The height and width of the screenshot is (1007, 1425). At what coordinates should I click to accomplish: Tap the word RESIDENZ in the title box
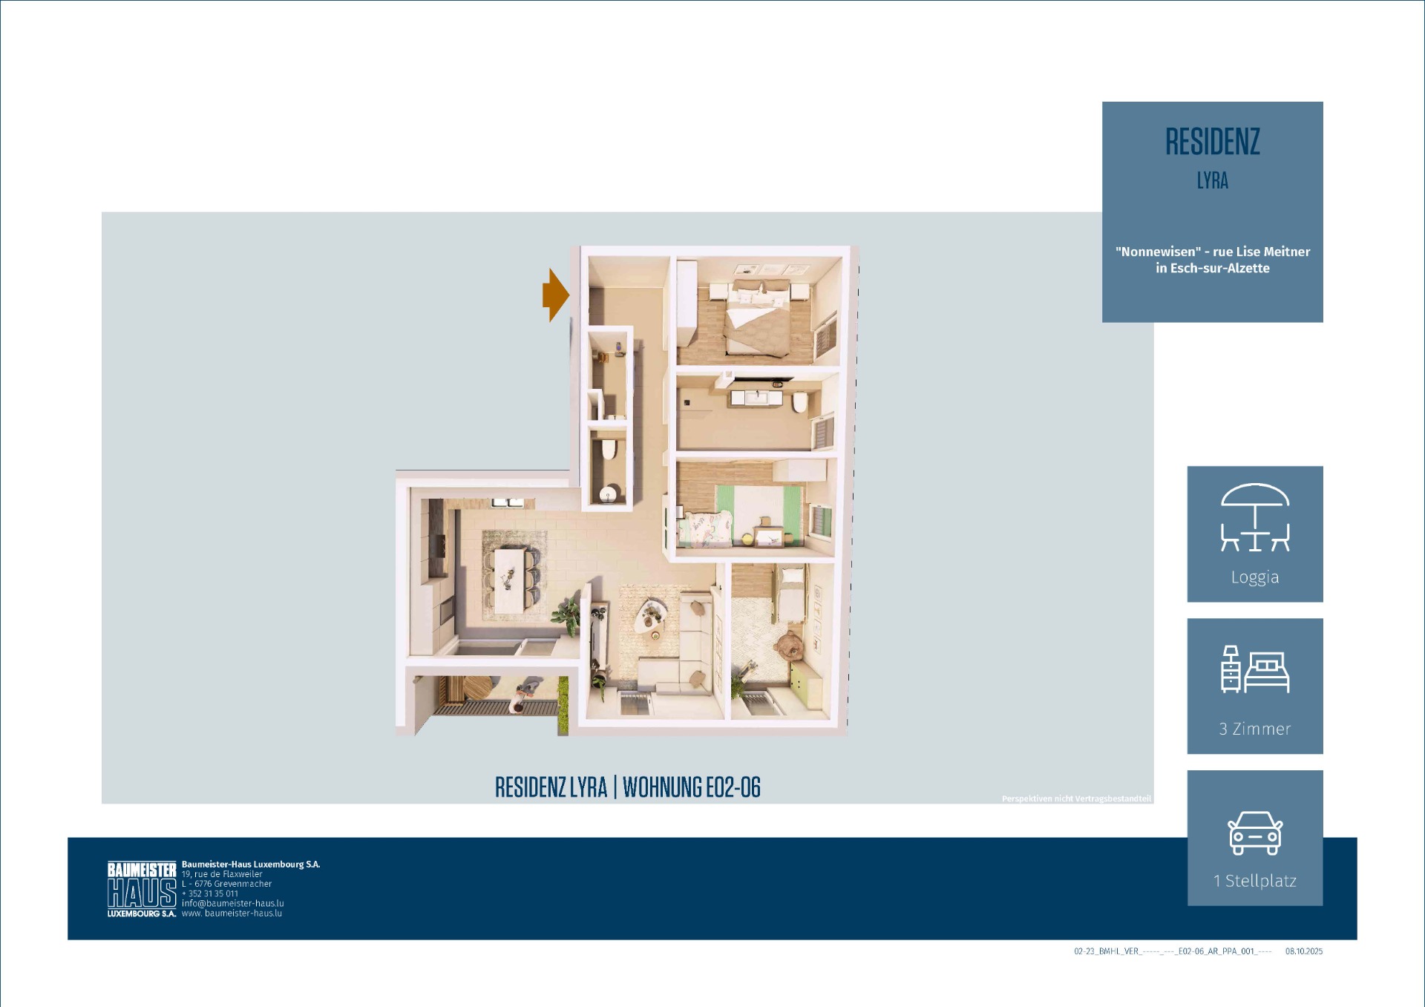(1212, 142)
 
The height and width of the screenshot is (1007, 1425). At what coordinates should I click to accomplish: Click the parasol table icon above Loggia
(1255, 517)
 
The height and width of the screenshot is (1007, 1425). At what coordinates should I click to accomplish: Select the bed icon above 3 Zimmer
(1255, 669)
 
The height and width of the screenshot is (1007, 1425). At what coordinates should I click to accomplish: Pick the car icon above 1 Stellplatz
(1255, 833)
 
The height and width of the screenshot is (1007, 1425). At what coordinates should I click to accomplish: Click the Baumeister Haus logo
(142, 889)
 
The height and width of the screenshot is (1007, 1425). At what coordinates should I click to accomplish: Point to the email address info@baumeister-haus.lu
(233, 903)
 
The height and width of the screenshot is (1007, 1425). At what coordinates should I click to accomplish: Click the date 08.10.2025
(1304, 951)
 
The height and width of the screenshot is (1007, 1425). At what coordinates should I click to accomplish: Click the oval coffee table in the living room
(652, 616)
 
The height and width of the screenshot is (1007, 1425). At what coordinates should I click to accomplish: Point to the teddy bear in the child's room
(789, 646)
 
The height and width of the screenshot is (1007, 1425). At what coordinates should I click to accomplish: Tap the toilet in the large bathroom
(800, 401)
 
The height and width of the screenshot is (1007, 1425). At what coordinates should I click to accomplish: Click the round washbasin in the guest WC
(609, 494)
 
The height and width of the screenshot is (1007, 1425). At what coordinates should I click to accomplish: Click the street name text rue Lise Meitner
(1262, 252)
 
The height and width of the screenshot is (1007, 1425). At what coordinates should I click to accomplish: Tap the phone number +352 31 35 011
(210, 893)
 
